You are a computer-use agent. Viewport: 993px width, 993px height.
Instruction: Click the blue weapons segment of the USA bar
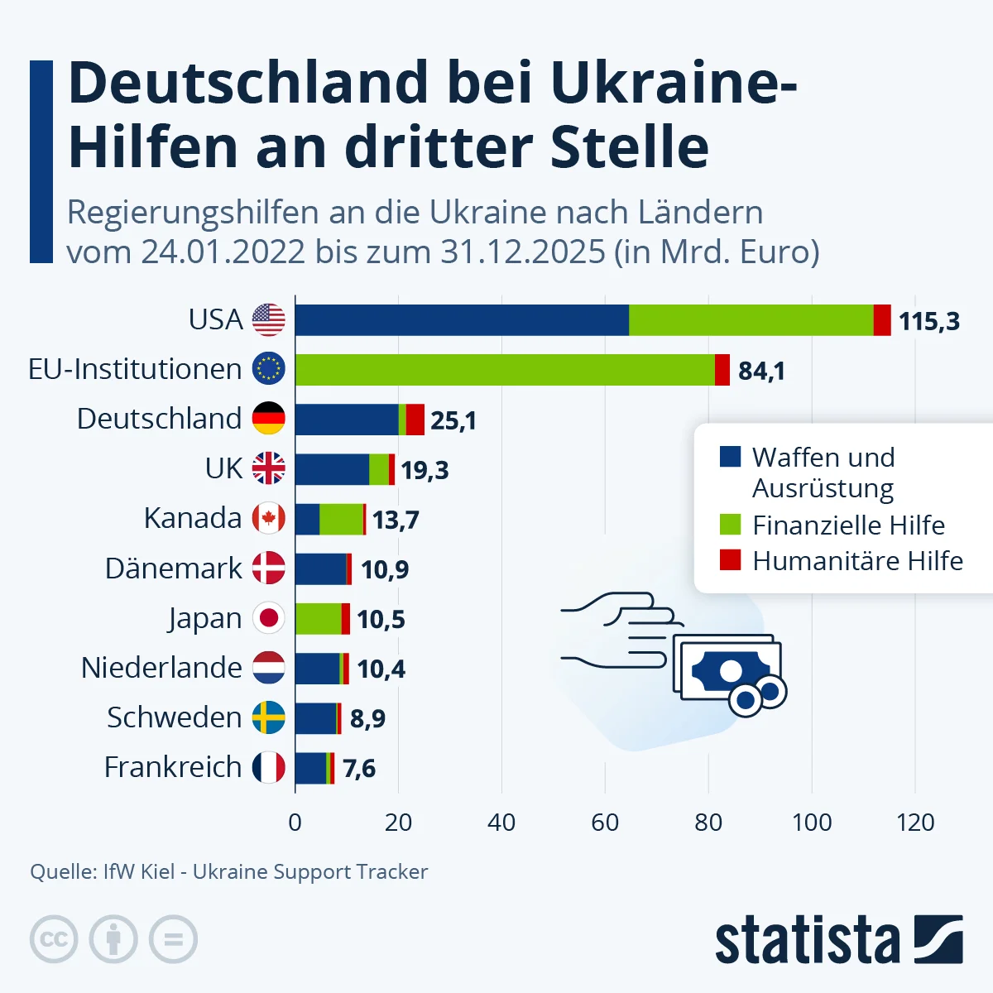coord(462,320)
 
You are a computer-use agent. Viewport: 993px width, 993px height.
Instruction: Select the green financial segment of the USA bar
coord(751,320)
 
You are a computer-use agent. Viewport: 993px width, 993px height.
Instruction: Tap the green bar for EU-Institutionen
coord(505,370)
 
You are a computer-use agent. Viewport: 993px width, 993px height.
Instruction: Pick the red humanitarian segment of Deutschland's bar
coord(415,420)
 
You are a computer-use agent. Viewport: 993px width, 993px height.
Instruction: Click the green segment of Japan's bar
coord(318,618)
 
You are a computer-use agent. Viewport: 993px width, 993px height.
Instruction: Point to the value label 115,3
coord(929,321)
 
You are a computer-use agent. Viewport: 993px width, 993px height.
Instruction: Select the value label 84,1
coord(761,371)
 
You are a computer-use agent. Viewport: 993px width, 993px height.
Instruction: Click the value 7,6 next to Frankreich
coord(359,768)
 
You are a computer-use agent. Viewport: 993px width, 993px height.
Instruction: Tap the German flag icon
coord(269,419)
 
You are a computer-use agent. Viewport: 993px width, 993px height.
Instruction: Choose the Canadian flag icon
coord(269,519)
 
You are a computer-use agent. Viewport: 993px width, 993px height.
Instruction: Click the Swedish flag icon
coord(269,717)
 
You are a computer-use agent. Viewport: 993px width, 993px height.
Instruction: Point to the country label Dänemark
coord(174,568)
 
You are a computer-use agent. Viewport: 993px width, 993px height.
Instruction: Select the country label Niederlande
coord(161,668)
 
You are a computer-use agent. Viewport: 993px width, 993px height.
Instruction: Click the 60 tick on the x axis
coord(605,823)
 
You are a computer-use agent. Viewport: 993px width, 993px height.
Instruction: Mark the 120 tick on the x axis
coord(915,823)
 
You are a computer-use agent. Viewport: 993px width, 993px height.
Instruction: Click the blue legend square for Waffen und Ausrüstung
coord(730,457)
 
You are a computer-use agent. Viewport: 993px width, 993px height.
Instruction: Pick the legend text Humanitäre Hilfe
coord(857,561)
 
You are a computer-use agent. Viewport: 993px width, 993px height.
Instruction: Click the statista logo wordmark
coord(807,940)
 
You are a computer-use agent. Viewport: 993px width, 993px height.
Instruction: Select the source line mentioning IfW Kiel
coord(228,871)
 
